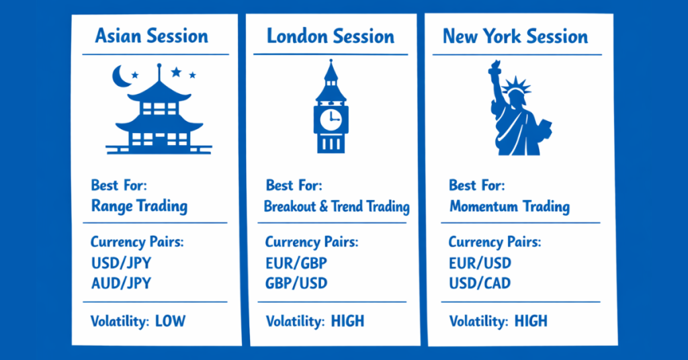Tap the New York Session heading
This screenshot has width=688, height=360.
[515, 36]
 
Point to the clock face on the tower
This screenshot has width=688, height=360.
[330, 119]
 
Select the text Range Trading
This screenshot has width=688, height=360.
[139, 206]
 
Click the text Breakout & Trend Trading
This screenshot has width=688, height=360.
[337, 206]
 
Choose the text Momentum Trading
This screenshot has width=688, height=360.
[509, 206]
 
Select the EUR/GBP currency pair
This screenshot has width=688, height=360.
[296, 263]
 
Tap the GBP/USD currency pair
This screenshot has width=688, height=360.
[296, 283]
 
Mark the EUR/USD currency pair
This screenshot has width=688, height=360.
[480, 263]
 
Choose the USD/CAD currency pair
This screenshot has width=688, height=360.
[480, 283]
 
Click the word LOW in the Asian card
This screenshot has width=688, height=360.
[170, 322]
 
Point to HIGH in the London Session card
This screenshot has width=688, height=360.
[347, 322]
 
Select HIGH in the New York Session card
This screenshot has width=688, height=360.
[531, 322]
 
